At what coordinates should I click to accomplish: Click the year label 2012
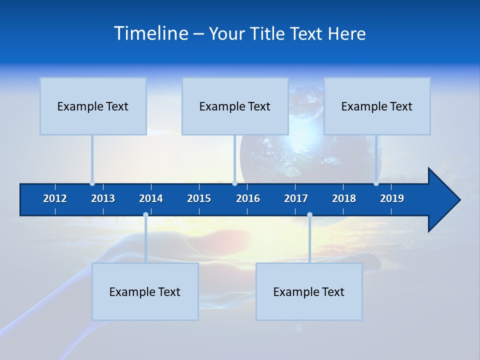pos(55,198)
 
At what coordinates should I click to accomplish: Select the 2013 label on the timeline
pos(103,198)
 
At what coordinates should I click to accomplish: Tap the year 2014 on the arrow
pos(151,198)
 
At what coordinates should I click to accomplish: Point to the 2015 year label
pos(199,198)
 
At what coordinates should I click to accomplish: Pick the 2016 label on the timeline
pos(248,198)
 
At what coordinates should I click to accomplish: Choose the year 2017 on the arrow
pos(296,198)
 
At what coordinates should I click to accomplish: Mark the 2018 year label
pos(344,198)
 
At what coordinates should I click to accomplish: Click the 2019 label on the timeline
pos(392,198)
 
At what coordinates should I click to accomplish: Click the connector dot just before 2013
pos(92,183)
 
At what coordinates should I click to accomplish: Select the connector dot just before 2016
pos(234,183)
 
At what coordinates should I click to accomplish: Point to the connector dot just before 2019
pos(376,183)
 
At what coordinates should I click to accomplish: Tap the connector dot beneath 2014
pos(145,215)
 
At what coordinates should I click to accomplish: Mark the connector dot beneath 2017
pos(309,215)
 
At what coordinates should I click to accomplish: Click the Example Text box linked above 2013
pos(93,106)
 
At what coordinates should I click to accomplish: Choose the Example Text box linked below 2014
pos(145,291)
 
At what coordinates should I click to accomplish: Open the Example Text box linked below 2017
pos(309,291)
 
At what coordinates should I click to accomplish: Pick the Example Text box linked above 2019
pos(377,106)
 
